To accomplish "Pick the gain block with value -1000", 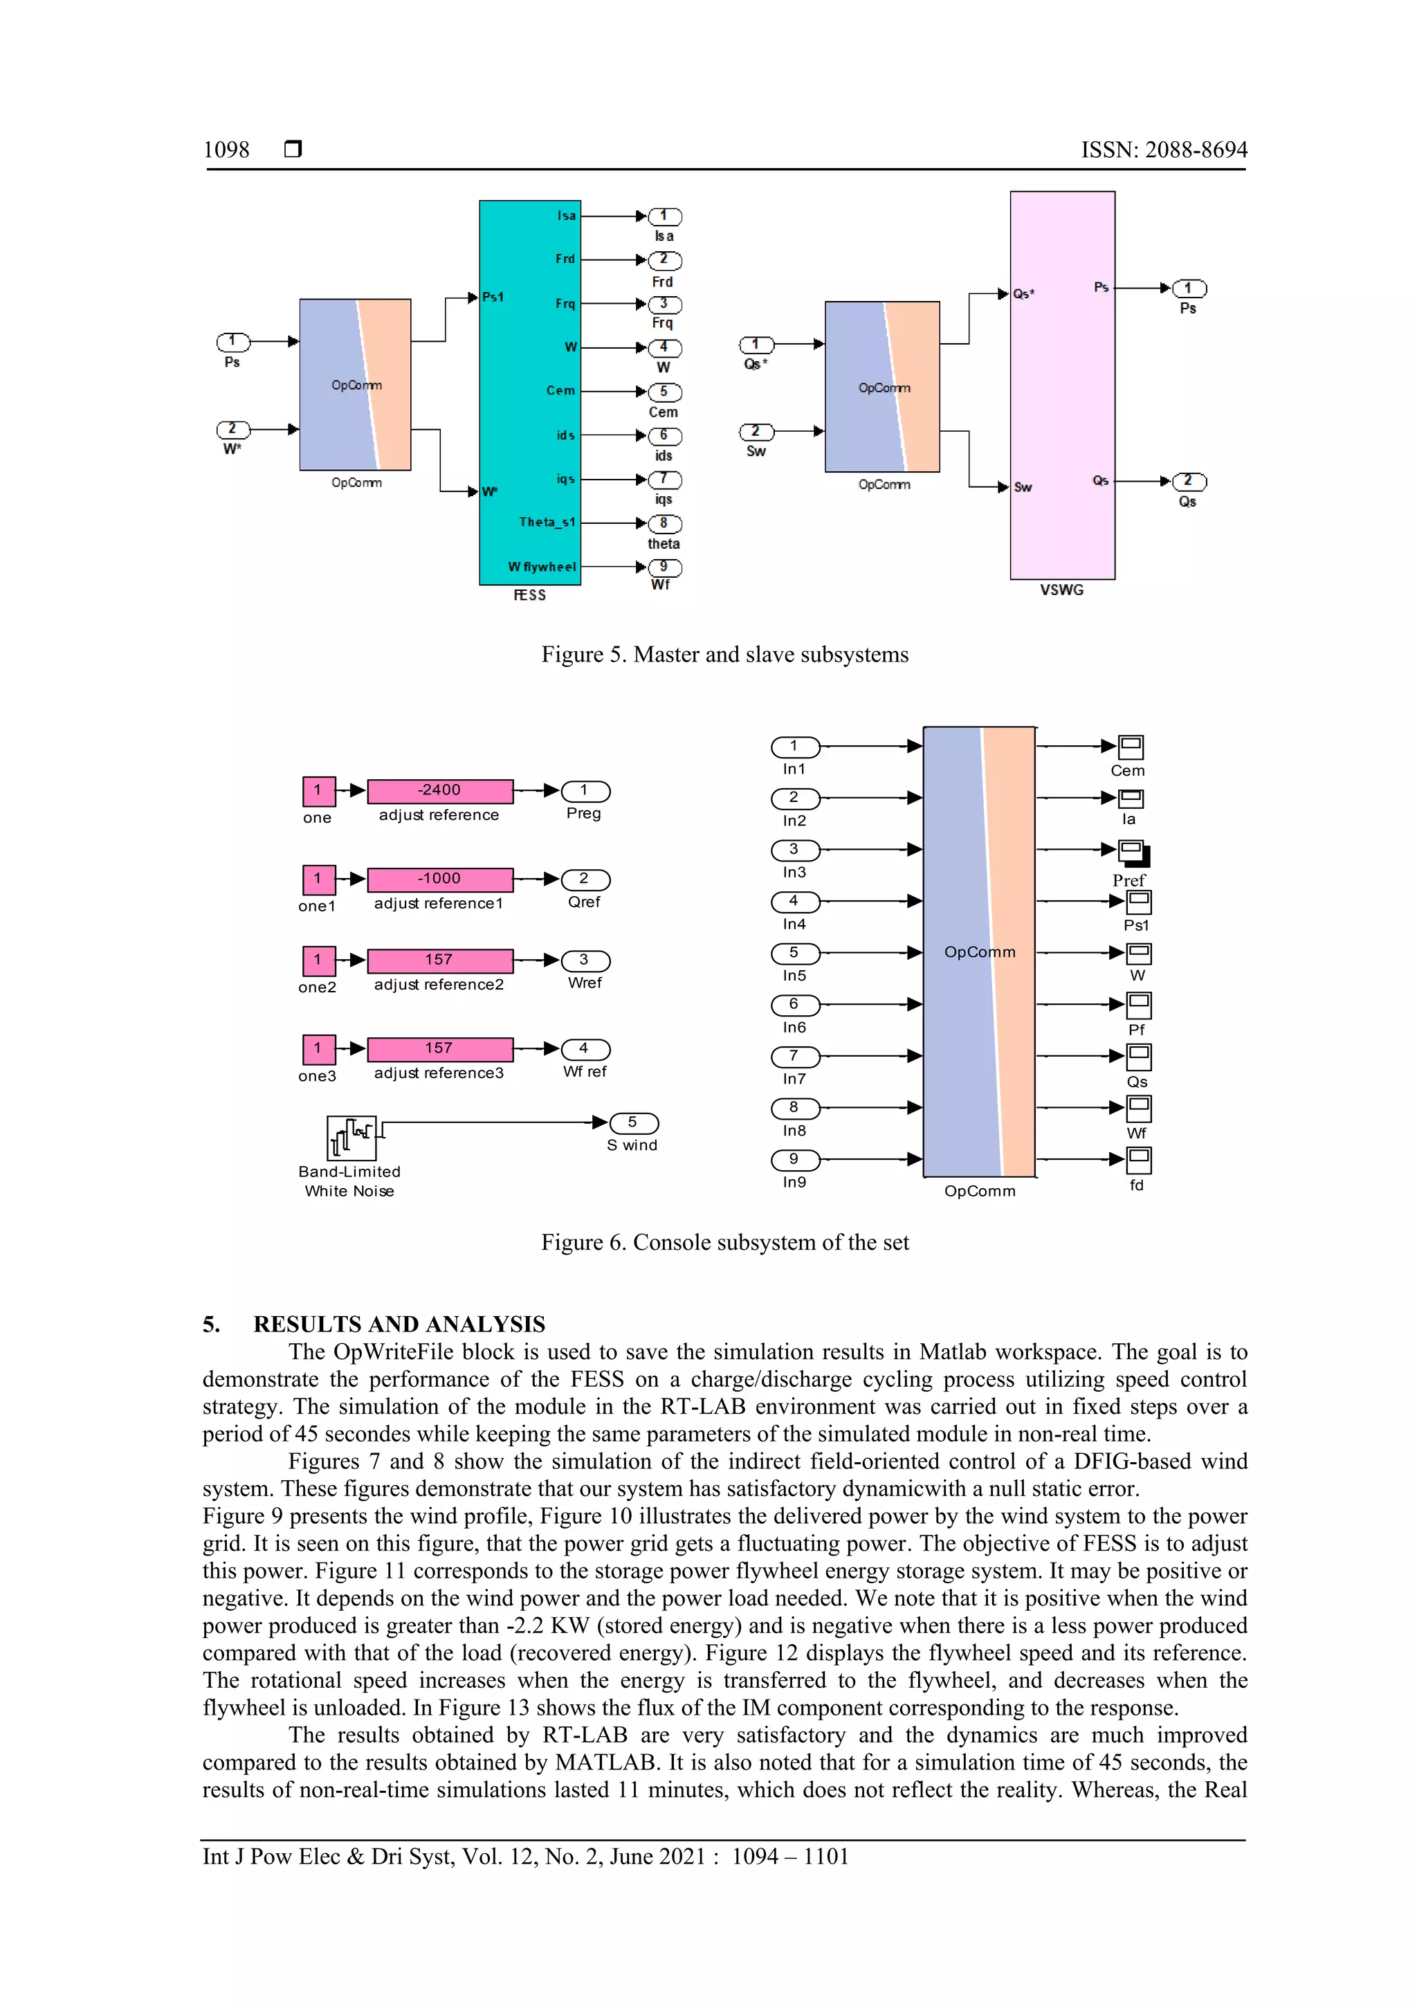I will click(x=440, y=879).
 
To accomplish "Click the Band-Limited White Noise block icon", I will click(x=351, y=1138).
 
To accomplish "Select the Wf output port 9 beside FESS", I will click(x=665, y=567).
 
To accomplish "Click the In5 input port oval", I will click(x=795, y=953).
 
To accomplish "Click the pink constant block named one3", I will click(x=318, y=1049).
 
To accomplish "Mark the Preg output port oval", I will click(x=585, y=791).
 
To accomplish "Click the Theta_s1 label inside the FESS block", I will click(x=547, y=522).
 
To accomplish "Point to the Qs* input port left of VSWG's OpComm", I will click(x=756, y=345).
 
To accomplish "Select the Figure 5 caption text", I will click(x=724, y=655).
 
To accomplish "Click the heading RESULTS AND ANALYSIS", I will click(x=399, y=1324).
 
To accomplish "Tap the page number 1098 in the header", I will click(x=226, y=150).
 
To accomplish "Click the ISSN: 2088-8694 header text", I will click(x=1164, y=150).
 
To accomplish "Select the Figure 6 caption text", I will click(x=724, y=1242).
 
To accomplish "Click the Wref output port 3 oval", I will click(x=585, y=960).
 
